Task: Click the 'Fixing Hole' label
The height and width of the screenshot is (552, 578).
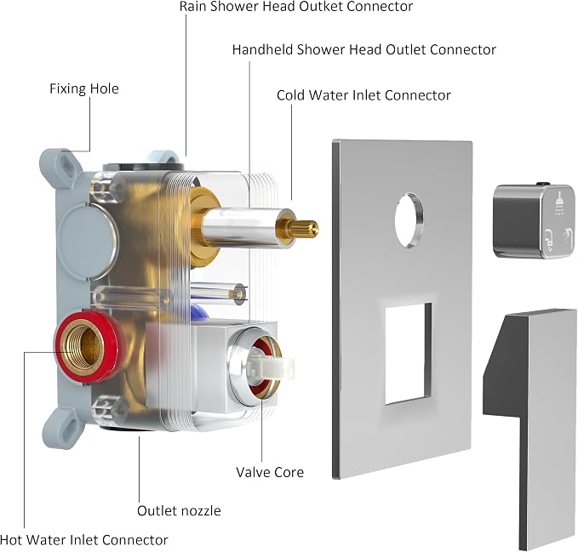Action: pos(84,88)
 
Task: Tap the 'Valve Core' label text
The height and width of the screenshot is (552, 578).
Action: pos(270,472)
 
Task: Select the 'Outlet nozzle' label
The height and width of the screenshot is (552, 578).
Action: pos(179,511)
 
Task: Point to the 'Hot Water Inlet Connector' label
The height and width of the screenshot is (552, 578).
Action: pos(84,540)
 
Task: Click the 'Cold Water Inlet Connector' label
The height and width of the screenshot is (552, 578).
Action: pos(363,95)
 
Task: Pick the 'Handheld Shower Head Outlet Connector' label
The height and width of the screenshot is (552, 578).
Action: pos(363,49)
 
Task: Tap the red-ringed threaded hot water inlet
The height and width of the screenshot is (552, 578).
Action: pos(88,348)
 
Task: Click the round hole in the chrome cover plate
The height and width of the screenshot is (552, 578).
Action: pos(409,219)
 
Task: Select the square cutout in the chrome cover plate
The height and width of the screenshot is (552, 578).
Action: pos(409,354)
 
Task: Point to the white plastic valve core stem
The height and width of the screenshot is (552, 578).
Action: pos(270,365)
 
